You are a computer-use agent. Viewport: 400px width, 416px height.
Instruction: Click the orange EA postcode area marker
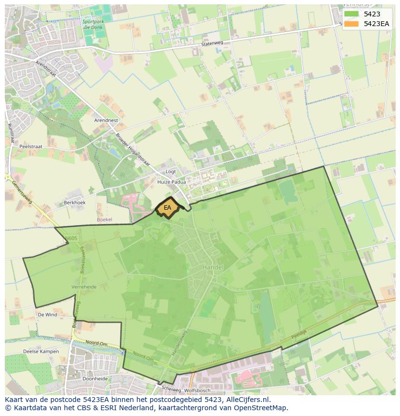168,208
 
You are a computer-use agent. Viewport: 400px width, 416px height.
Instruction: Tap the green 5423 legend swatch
351,14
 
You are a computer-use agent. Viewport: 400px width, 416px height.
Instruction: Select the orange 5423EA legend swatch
351,23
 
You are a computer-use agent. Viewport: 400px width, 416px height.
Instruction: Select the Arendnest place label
106,120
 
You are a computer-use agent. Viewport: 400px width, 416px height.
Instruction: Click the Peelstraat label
31,146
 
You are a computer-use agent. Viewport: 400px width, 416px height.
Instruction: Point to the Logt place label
171,172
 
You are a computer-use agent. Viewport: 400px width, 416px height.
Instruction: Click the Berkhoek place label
74,203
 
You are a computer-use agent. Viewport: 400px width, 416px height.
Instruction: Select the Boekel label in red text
104,219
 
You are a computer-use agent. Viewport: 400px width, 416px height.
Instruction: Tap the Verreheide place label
84,287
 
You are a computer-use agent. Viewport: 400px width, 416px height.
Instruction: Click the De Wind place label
47,315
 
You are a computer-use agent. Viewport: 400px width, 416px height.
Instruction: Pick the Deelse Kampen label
41,351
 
